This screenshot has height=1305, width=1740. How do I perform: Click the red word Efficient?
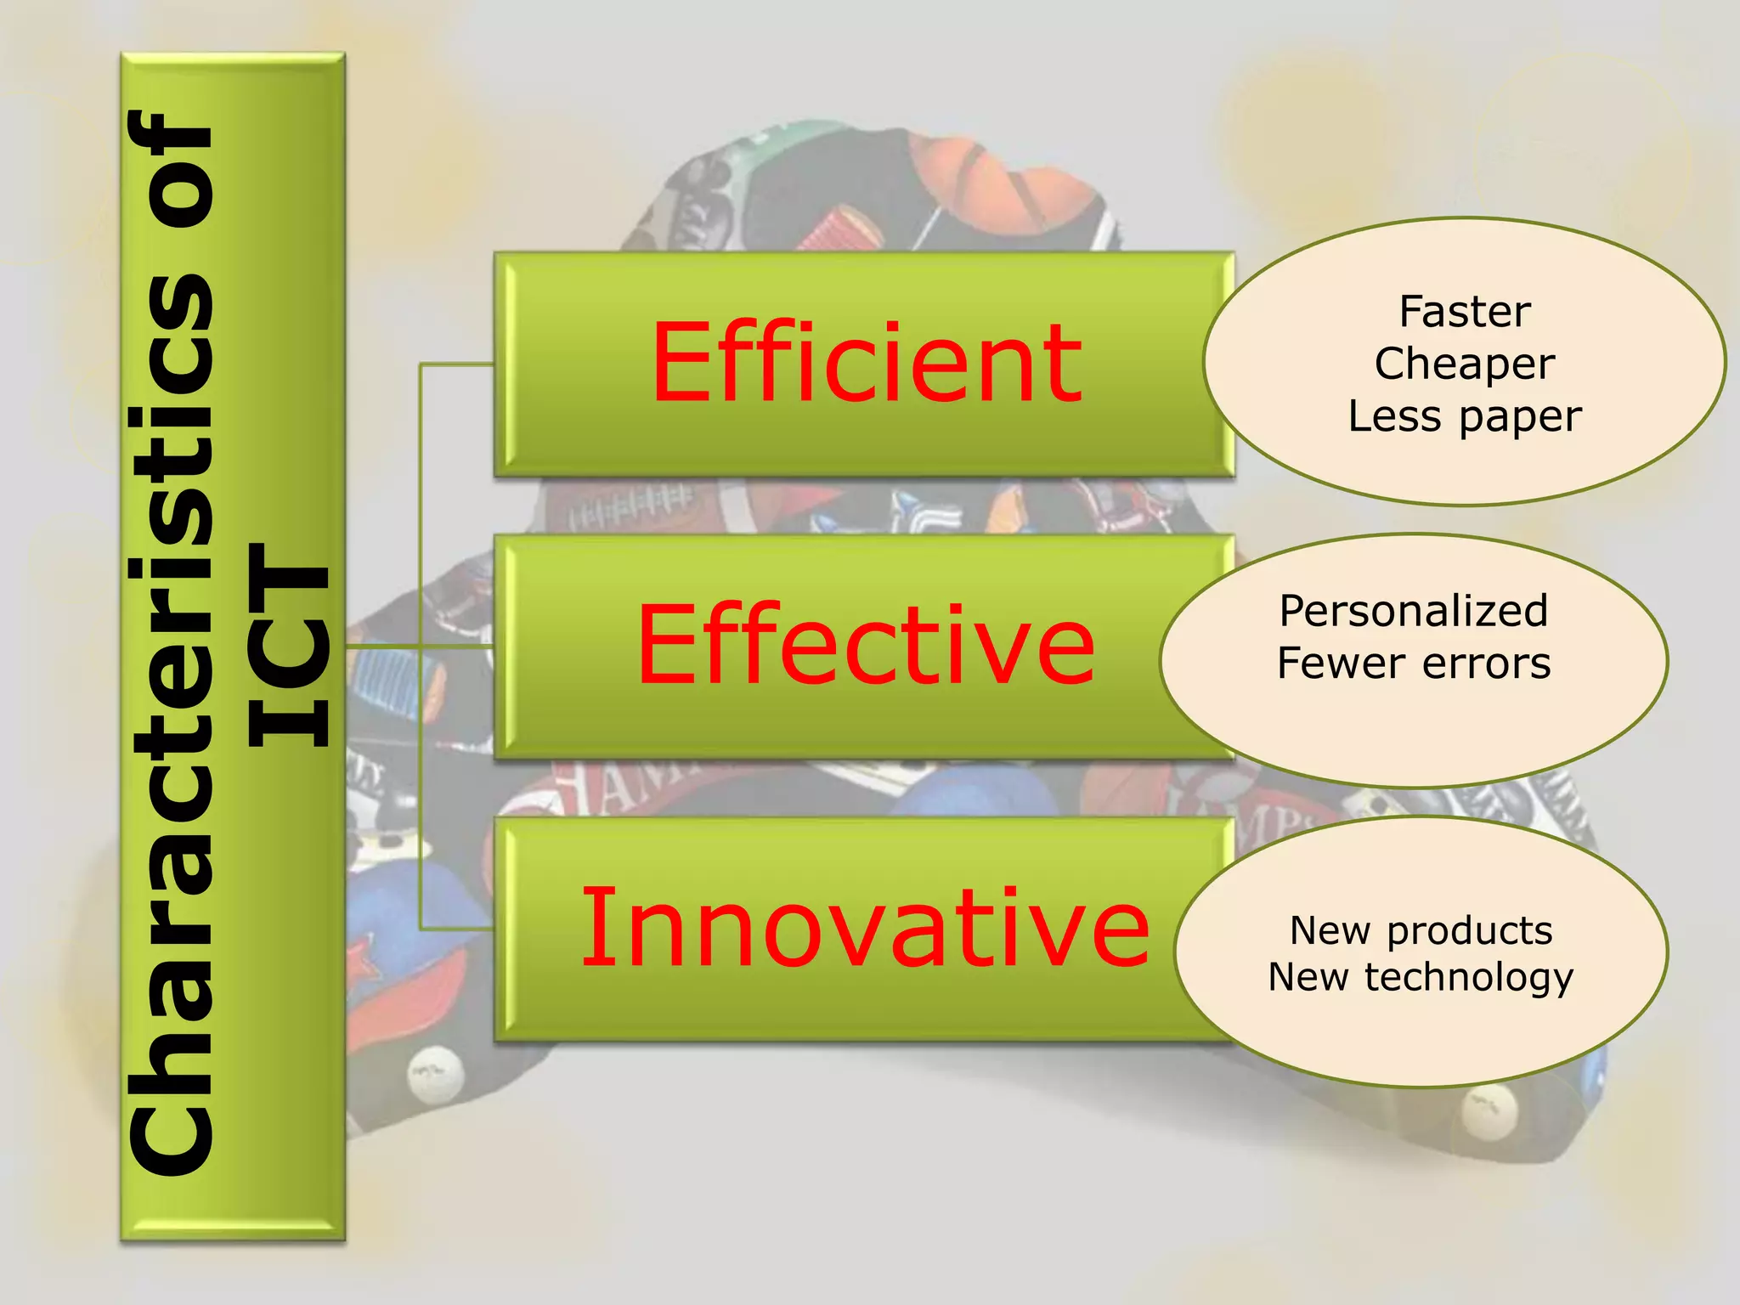click(867, 363)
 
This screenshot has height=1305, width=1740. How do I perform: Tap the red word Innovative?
click(865, 928)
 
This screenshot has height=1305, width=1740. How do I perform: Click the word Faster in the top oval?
click(1465, 312)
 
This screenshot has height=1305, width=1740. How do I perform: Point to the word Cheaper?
click(1465, 364)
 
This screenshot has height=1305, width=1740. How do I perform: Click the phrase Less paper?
click(1465, 416)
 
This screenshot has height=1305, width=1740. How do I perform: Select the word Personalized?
click(1414, 611)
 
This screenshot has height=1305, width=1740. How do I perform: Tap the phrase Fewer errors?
click(1414, 664)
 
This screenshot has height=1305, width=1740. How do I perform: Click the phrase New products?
click(1421, 930)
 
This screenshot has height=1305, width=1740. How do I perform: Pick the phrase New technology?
click(1421, 977)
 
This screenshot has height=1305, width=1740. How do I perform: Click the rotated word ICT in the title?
click(289, 646)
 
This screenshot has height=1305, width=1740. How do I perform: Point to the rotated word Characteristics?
click(170, 722)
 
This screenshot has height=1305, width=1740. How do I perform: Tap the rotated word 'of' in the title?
click(170, 170)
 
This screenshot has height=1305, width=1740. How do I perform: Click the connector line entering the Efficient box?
click(459, 364)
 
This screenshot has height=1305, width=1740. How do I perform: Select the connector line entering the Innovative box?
click(459, 929)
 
